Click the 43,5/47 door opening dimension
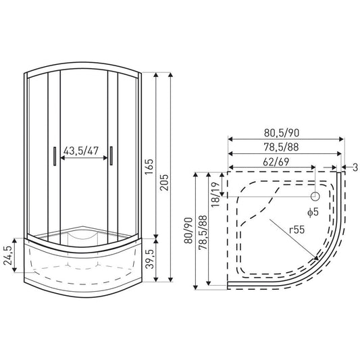point(85,150)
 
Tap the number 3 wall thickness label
point(353,167)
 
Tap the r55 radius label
point(297,230)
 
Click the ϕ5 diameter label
point(312,212)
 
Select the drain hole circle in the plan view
point(315,197)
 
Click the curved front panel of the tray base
point(84,270)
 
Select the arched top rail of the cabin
point(84,64)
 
